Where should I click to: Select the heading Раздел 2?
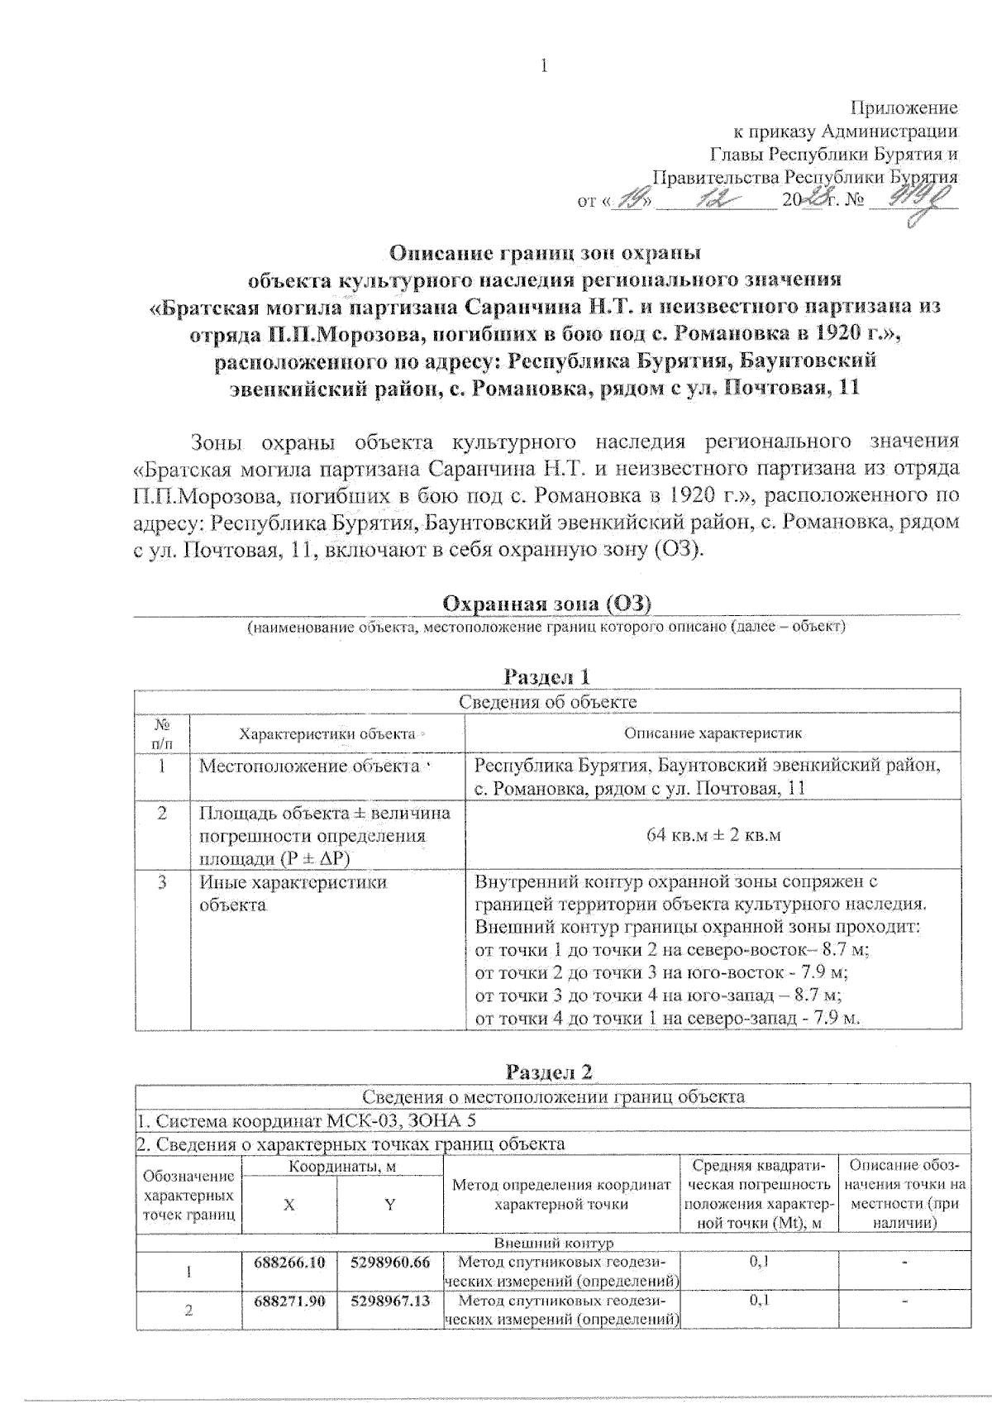coord(549,1072)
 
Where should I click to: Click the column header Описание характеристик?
coord(713,733)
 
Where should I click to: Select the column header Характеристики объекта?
coord(327,733)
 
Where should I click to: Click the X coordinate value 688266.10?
coord(290,1262)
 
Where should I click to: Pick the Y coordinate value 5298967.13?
coord(390,1301)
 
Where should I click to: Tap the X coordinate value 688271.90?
coord(290,1301)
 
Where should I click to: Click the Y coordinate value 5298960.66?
coord(390,1262)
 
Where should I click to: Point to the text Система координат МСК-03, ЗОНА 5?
coord(306,1121)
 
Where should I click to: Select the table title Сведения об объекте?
coord(547,702)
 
